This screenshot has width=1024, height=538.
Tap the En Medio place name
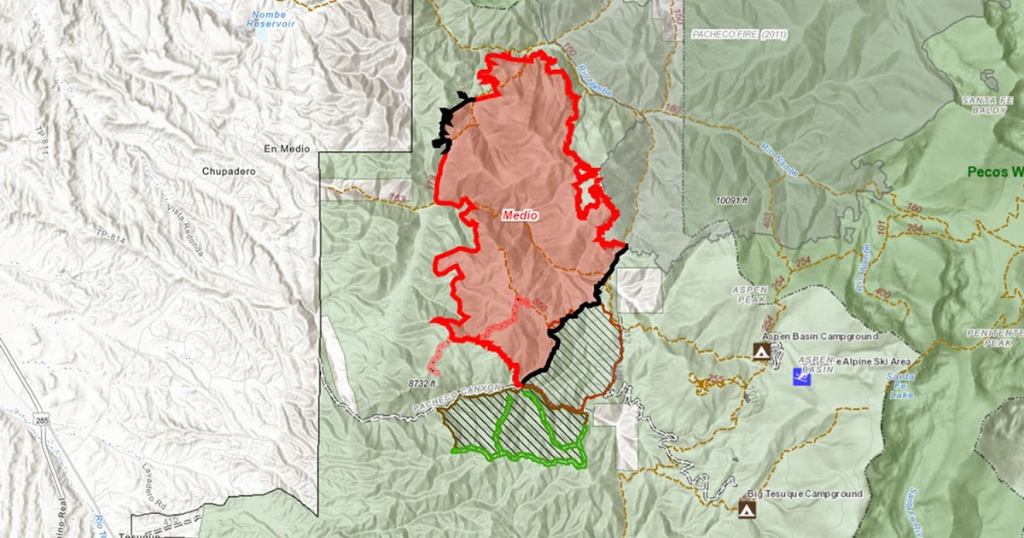tap(283, 149)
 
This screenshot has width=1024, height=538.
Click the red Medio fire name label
tap(520, 215)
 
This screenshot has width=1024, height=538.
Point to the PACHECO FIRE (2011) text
tap(737, 35)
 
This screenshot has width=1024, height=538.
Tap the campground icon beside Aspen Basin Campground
tap(760, 351)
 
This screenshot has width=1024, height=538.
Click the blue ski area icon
tap(802, 375)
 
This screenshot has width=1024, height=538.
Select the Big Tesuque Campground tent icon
tap(748, 509)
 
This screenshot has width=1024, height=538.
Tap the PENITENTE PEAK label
tap(995, 336)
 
